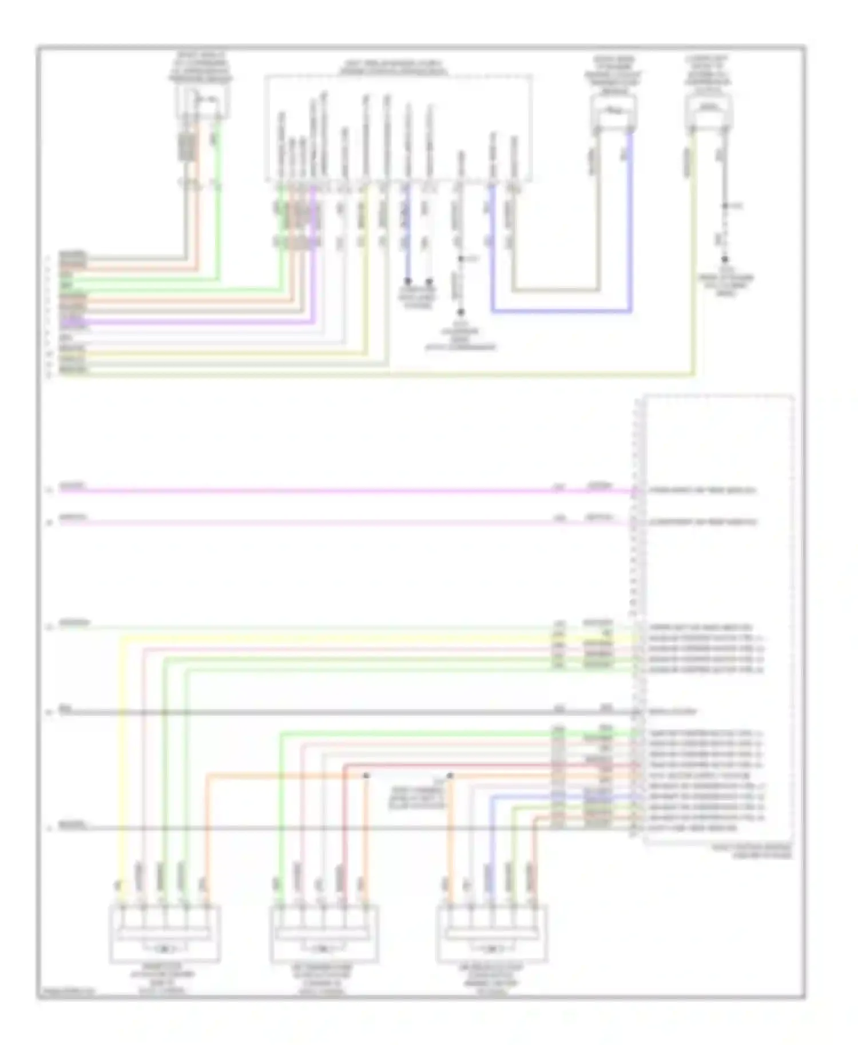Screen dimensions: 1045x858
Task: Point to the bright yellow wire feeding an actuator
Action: (121, 743)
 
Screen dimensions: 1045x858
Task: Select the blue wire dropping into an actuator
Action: (491, 829)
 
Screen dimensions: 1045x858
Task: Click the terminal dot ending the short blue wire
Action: (408, 281)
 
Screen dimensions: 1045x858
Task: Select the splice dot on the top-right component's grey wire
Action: (724, 206)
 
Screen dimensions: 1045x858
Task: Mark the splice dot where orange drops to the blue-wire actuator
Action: (450, 776)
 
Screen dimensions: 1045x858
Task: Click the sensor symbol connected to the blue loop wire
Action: (613, 110)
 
